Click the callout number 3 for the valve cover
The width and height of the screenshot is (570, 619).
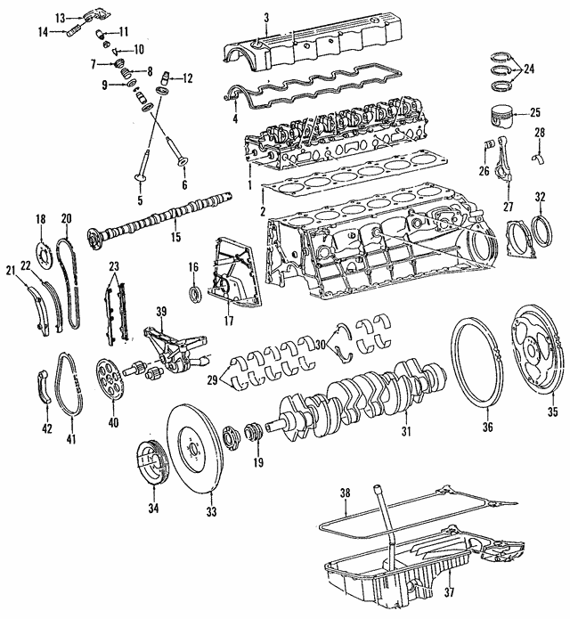(266, 17)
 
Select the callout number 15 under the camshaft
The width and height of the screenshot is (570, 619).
(175, 237)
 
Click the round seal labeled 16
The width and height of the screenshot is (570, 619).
(192, 293)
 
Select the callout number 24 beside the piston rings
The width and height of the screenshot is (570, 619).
(529, 68)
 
